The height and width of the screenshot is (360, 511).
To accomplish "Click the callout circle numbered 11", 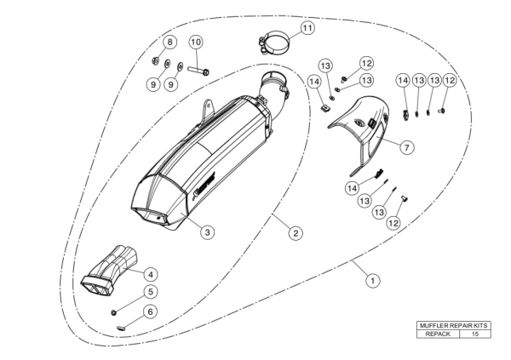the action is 307,28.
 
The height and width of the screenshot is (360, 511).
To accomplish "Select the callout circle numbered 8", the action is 169,42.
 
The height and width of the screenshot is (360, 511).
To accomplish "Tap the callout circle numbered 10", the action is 196,42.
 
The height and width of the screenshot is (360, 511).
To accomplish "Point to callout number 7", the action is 407,147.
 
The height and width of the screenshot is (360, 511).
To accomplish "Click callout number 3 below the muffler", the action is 208,232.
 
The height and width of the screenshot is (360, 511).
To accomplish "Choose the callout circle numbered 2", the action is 296,233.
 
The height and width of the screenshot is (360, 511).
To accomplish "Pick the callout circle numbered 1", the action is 373,280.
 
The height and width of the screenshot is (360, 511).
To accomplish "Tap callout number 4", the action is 151,275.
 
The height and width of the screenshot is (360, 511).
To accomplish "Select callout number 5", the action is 150,292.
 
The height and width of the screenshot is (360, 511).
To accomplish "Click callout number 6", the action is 150,311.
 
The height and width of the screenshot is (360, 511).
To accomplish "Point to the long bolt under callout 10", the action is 198,70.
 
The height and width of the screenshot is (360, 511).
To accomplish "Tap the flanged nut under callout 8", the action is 156,60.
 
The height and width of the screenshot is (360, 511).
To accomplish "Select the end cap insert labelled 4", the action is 109,272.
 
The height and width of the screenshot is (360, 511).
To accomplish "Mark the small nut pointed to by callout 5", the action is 114,312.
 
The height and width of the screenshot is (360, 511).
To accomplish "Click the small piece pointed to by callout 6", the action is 121,328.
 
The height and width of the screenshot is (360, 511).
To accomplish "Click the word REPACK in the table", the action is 438,334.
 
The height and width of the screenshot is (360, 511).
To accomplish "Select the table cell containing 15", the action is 475,334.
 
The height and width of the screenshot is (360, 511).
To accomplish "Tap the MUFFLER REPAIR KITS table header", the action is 454,325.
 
